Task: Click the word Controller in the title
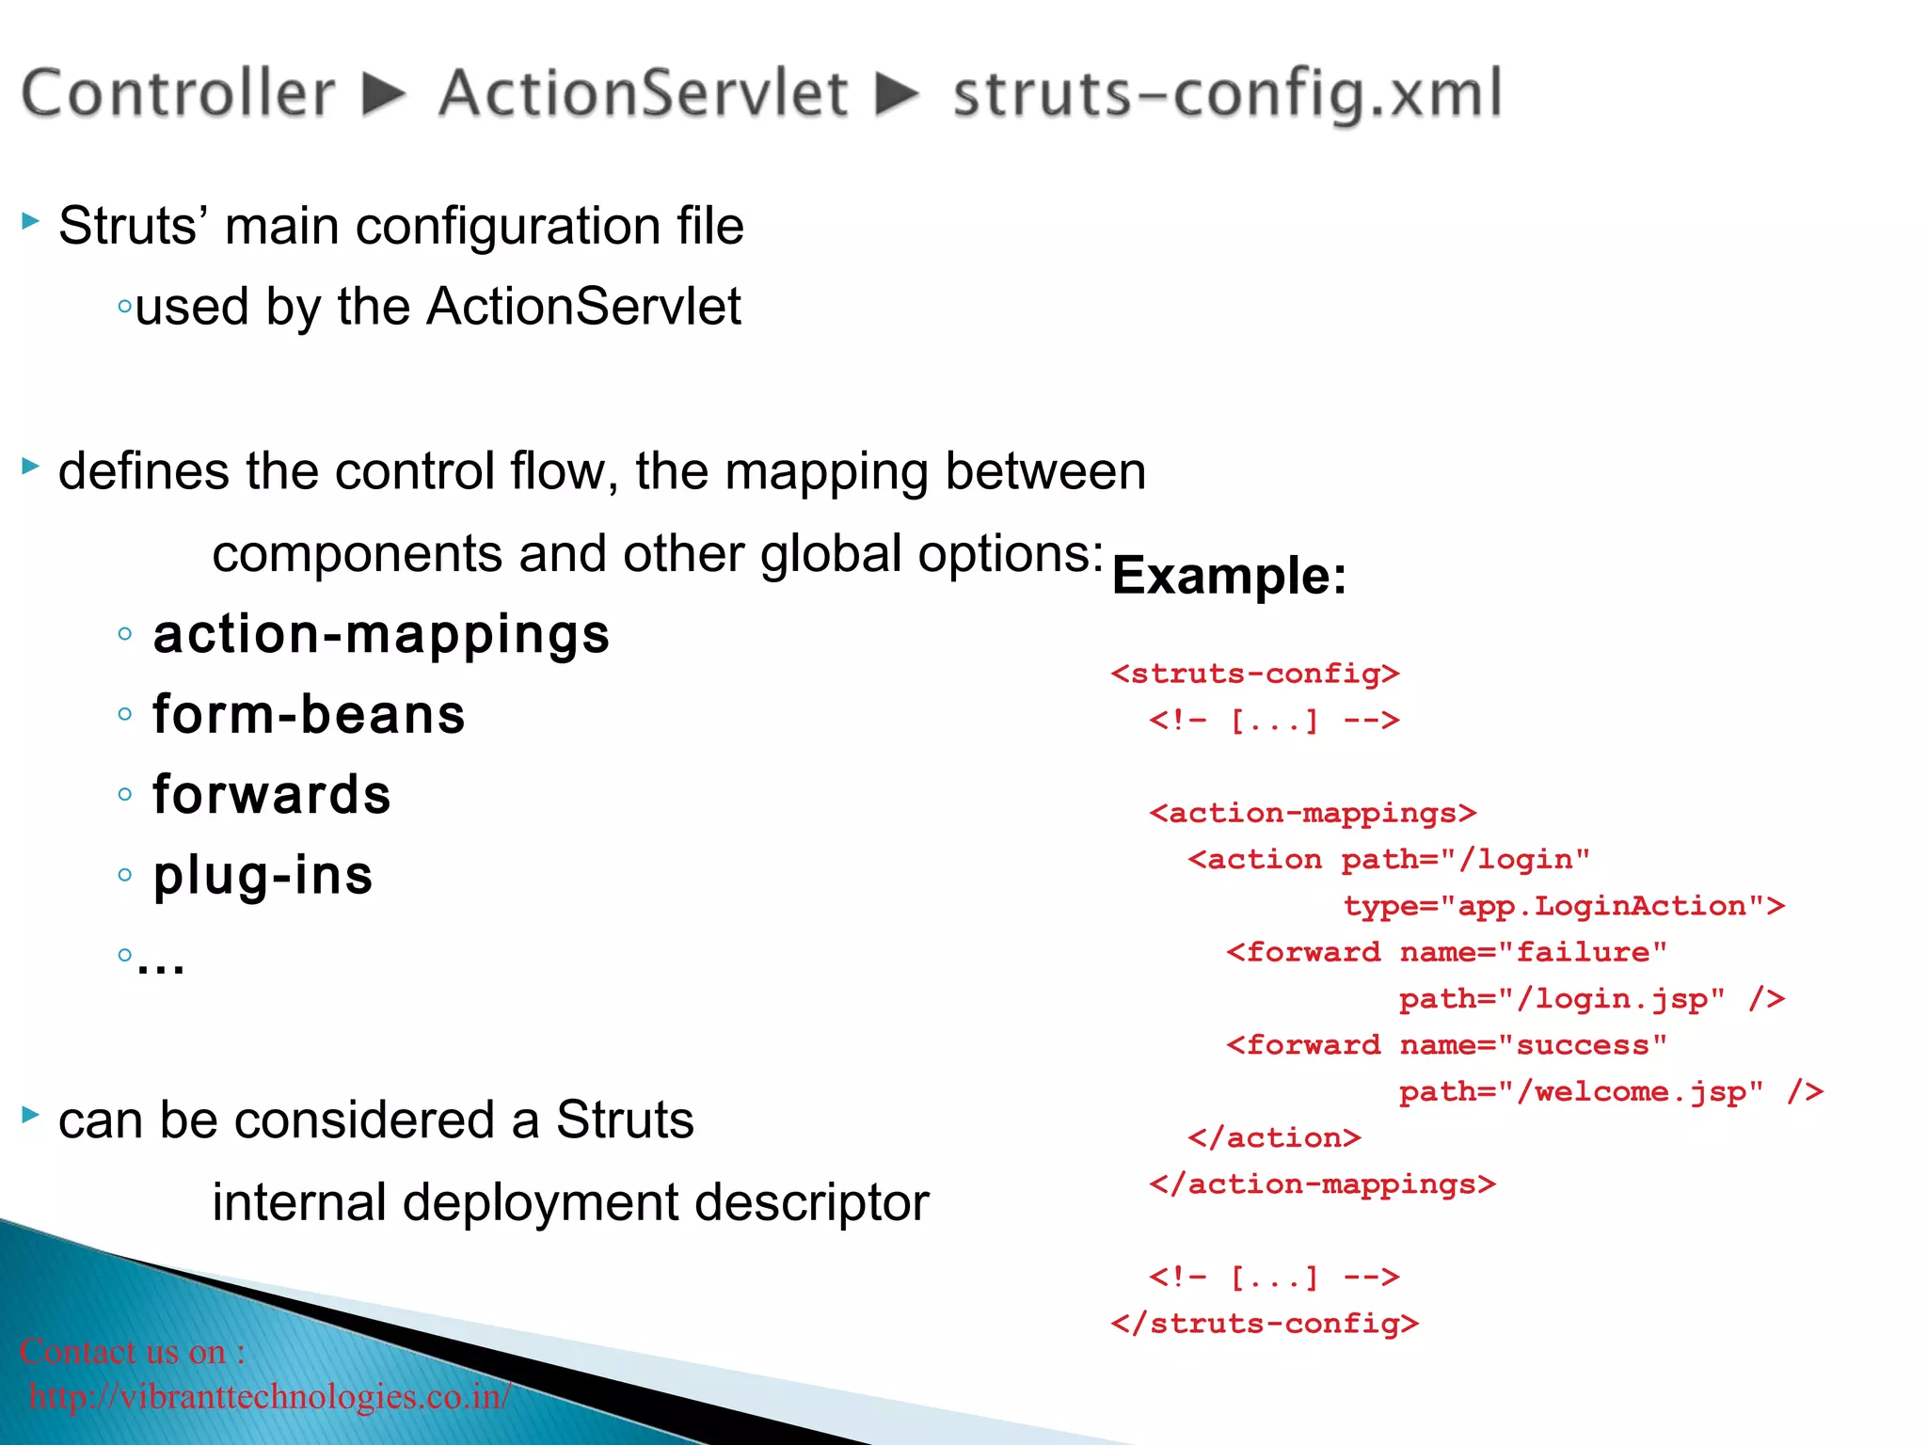click(178, 93)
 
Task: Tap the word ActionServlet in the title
click(644, 93)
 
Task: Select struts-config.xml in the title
click(1227, 95)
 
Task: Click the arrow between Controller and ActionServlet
click(385, 94)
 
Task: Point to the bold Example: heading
click(1229, 576)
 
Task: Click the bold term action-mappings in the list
click(381, 634)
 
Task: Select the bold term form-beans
click(309, 714)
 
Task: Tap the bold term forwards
click(271, 795)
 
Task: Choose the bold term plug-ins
click(263, 875)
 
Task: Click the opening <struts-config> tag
click(1255, 674)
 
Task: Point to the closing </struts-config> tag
click(1265, 1324)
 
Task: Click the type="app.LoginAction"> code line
click(1564, 906)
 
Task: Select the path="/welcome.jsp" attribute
click(1581, 1091)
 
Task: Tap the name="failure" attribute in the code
click(1533, 952)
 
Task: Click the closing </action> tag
click(1274, 1137)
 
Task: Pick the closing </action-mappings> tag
click(1322, 1183)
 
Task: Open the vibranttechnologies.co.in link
click(270, 1396)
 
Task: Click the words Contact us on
click(123, 1352)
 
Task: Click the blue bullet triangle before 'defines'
click(31, 466)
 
